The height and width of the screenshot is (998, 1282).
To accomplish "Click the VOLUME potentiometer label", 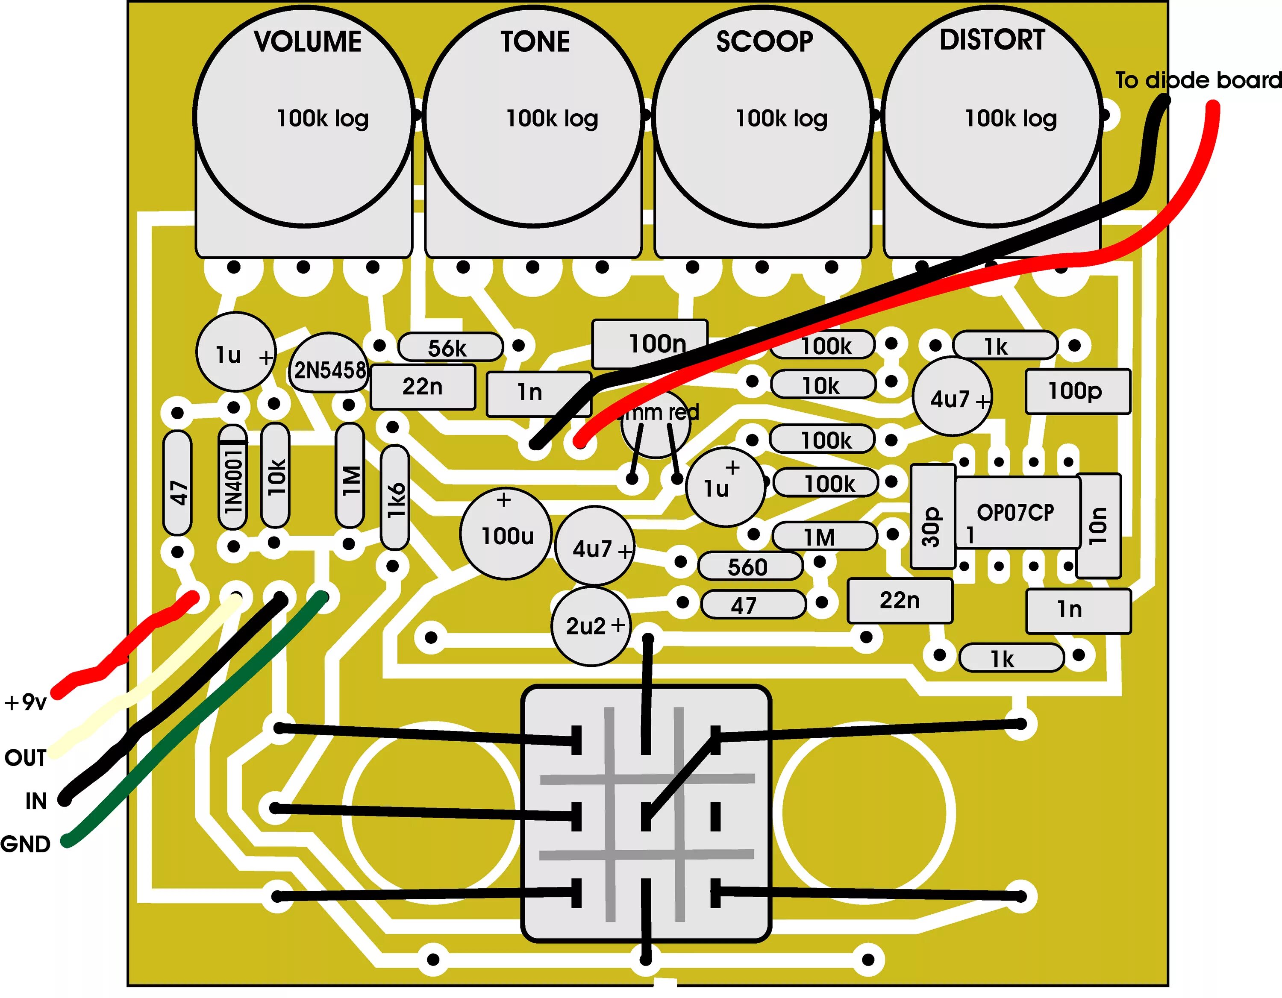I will pos(308,42).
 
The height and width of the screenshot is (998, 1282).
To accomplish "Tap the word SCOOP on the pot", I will pos(764,42).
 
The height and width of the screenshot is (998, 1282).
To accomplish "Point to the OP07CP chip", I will pos(1016,513).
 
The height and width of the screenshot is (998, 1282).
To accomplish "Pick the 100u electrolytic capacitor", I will pos(506,535).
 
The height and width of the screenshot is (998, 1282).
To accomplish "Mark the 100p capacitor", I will pos(1077,391).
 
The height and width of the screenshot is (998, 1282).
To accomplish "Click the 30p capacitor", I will pos(932,517).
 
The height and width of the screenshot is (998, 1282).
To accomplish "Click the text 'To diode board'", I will pos(1197,80).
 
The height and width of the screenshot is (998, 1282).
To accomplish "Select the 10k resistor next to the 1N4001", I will pos(275,475).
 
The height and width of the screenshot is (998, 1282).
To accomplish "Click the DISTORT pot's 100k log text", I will pos(1011,118).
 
